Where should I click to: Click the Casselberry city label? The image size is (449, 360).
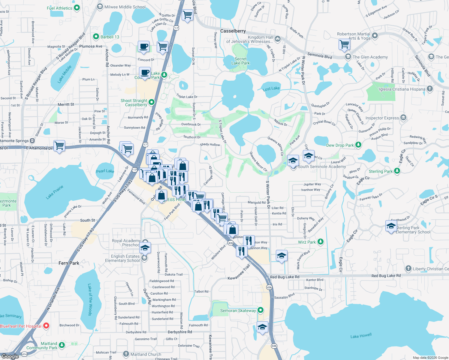click(233, 31)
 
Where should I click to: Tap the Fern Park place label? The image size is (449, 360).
click(69, 263)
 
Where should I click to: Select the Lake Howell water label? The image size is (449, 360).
click(361, 336)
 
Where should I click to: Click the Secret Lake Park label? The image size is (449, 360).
click(240, 61)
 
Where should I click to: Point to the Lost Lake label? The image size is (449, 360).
click(271, 88)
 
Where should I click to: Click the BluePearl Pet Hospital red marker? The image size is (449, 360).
click(46, 326)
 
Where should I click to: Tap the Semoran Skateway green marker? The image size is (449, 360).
click(261, 310)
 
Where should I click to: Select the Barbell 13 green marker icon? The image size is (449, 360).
click(96, 37)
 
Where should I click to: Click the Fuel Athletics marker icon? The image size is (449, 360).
click(77, 8)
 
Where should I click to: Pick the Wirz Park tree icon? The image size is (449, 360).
click(321, 242)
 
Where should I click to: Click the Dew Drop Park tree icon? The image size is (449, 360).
click(358, 145)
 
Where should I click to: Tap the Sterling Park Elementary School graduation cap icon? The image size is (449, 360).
click(391, 226)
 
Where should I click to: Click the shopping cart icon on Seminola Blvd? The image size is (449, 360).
click(345, 44)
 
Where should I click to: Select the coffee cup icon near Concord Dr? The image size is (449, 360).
click(144, 47)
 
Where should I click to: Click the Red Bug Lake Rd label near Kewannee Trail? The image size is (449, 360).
click(285, 277)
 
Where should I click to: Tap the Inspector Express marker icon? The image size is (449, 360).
click(403, 118)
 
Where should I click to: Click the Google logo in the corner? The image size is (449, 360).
click(10, 356)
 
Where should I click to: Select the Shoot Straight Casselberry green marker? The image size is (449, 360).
click(152, 102)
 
